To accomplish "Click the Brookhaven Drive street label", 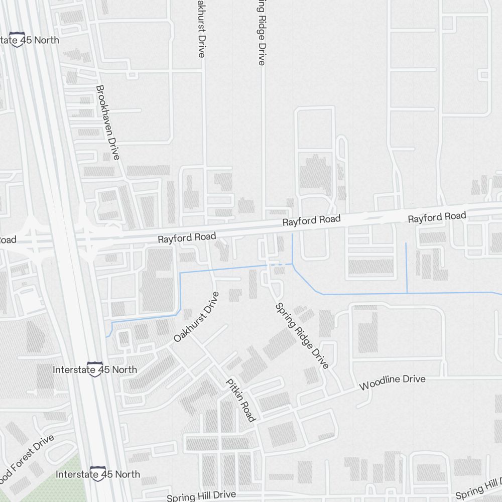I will [x=107, y=122].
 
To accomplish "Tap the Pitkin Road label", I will [x=241, y=400].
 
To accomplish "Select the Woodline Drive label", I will [x=393, y=382].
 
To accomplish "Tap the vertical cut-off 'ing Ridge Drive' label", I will [x=261, y=33].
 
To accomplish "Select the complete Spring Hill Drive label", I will [x=201, y=496].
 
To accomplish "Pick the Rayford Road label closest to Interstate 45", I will [x=187, y=237].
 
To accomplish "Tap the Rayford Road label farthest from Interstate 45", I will [x=437, y=217].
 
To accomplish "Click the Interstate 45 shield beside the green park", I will [x=98, y=473].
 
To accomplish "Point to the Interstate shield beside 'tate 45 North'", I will [x=18, y=40].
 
